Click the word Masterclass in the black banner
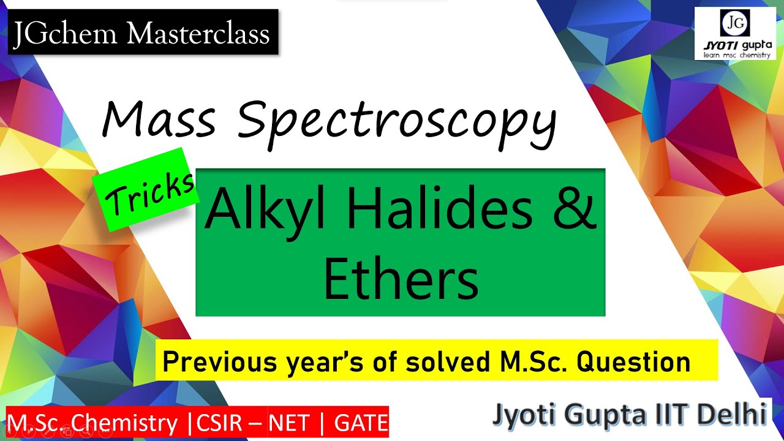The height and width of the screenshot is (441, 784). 197,33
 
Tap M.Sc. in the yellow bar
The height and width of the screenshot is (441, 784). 532,363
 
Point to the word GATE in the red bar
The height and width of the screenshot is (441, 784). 361,423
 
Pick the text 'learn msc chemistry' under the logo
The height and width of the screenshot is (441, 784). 735,56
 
